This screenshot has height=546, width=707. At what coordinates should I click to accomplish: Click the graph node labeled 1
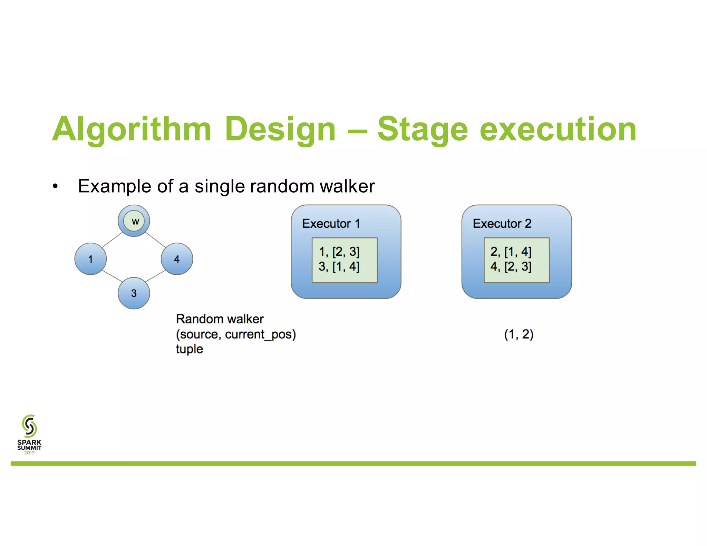[x=90, y=259]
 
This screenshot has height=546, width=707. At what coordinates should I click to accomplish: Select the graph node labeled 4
[x=177, y=259]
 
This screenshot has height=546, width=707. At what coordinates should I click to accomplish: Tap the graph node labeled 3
[x=134, y=293]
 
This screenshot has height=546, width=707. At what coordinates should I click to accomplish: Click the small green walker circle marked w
[x=134, y=221]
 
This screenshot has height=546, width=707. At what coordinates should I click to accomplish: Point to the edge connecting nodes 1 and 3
[x=112, y=276]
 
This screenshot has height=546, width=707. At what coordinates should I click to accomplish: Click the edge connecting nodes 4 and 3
[x=155, y=276]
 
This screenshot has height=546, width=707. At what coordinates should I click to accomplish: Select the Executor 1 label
[x=331, y=224]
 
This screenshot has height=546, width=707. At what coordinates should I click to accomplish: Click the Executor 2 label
[x=502, y=224]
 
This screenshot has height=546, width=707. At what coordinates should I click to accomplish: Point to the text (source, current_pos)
[x=236, y=334]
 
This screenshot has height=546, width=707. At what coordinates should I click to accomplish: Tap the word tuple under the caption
[x=189, y=349]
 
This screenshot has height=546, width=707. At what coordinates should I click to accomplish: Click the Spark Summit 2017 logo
[x=29, y=434]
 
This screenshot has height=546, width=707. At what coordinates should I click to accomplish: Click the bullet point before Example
[x=55, y=187]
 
